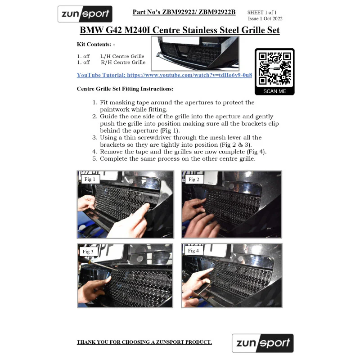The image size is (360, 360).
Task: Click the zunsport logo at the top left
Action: click(85, 14)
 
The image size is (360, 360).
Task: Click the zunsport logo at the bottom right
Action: click(263, 343)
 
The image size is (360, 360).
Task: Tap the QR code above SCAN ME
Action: click(274, 68)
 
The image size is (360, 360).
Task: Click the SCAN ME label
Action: click(274, 91)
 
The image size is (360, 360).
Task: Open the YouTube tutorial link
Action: click(164, 75)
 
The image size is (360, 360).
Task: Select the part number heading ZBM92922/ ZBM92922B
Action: click(184, 12)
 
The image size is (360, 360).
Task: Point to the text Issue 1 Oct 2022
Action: click(265, 18)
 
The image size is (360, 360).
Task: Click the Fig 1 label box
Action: click(90, 179)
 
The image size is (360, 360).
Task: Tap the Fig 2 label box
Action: click(194, 179)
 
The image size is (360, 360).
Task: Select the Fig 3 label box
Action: click(88, 252)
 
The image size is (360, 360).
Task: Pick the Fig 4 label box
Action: click(194, 251)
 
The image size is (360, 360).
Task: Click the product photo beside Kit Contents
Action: click(195, 53)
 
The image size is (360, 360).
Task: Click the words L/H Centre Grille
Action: click(122, 56)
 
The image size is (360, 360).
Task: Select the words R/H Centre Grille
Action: click(123, 62)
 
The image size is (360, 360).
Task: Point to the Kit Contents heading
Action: click(96, 44)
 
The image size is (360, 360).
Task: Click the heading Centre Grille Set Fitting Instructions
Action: click(125, 89)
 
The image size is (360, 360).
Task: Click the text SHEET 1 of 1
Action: click(262, 13)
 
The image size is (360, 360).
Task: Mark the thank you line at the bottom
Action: click(144, 342)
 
